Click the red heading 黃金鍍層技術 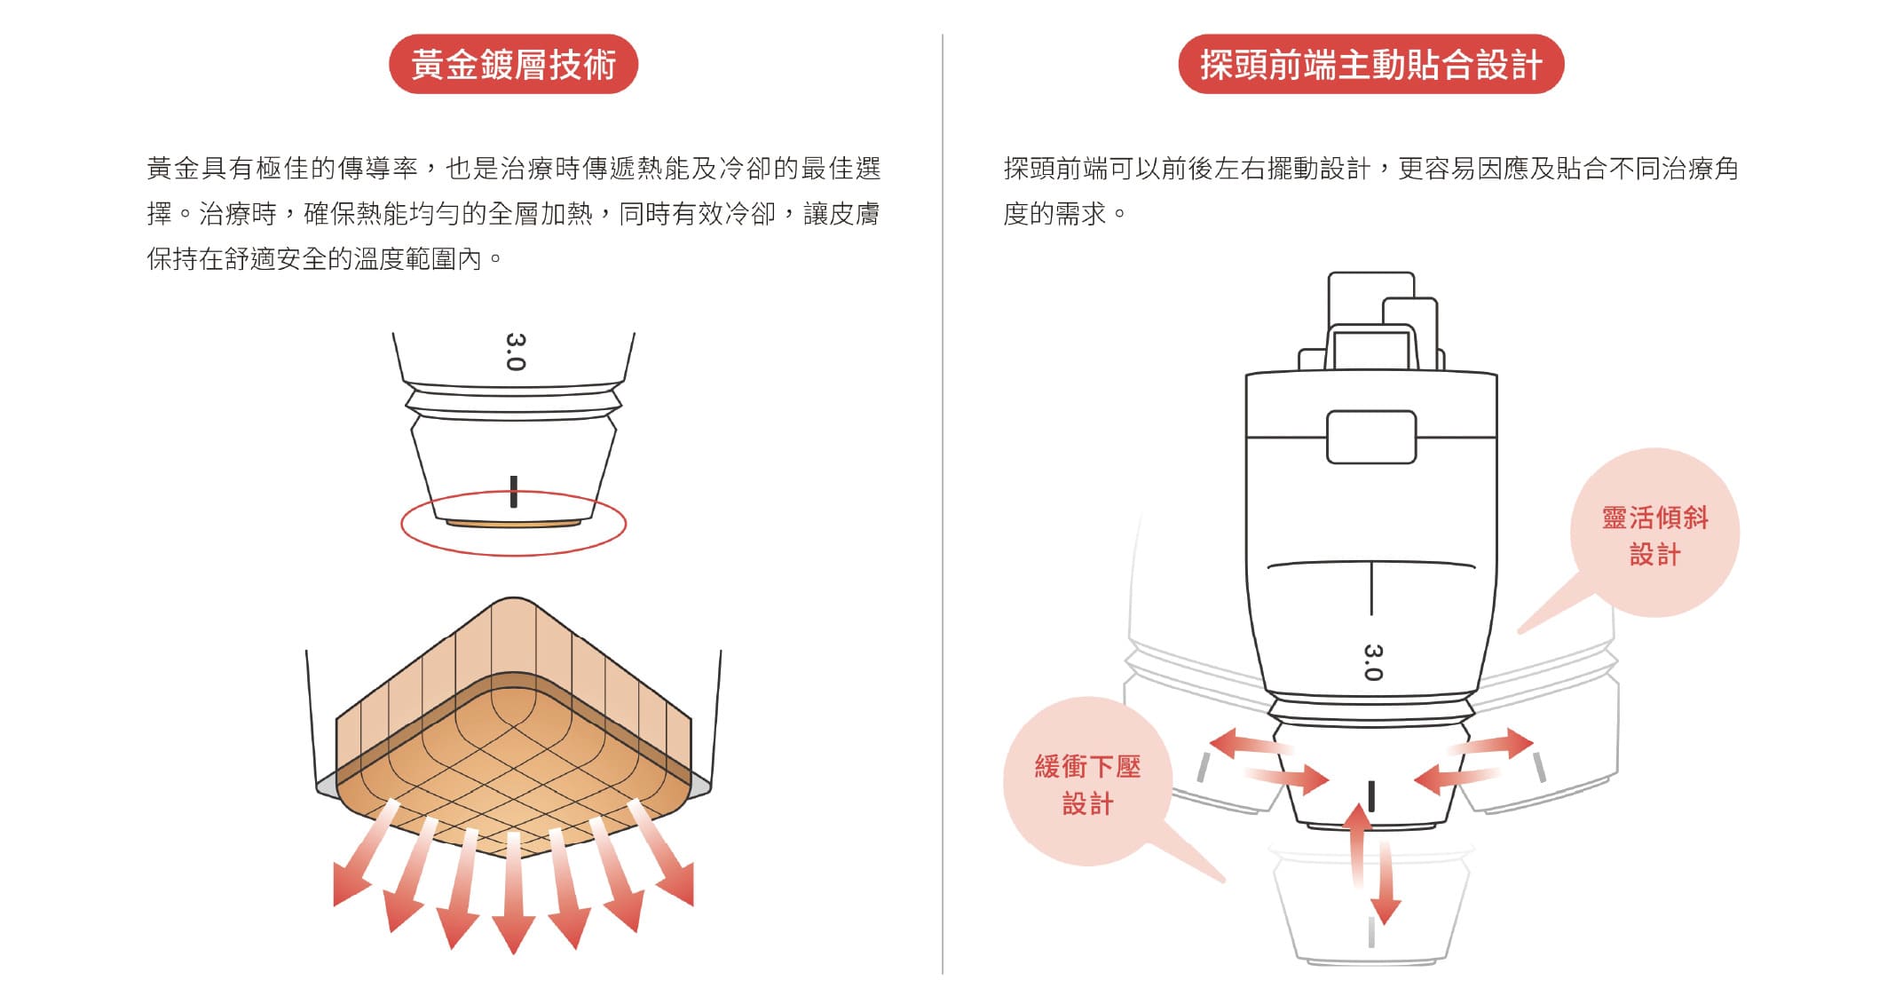[513, 64]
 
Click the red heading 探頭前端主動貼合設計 [1370, 64]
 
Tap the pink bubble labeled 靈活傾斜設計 [1654, 534]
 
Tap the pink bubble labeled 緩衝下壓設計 [1087, 784]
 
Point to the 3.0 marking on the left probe [515, 352]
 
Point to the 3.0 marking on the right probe [1372, 662]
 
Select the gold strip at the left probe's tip [513, 524]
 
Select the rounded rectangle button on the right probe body [1370, 437]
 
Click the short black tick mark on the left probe [513, 492]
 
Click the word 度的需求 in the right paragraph [1055, 214]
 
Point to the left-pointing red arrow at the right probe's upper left [1243, 744]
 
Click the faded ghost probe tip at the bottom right [1371, 914]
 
